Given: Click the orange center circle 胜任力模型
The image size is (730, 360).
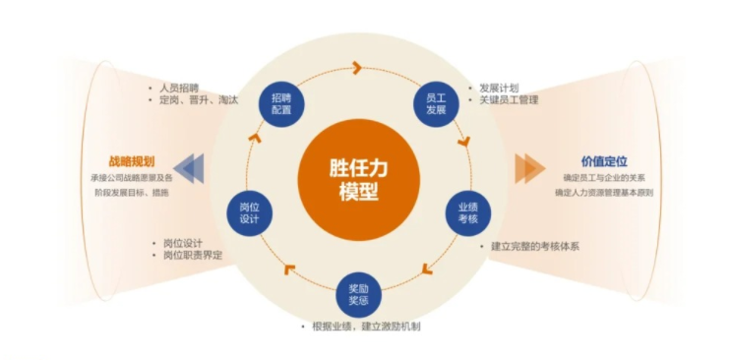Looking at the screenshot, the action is (x=353, y=178).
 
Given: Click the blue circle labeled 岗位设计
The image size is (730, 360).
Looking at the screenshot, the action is (x=249, y=212).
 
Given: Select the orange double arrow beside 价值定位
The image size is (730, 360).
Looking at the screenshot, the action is (x=528, y=168).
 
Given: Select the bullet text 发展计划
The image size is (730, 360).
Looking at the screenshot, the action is (x=499, y=87).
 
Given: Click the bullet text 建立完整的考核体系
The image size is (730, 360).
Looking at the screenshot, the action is (x=535, y=246).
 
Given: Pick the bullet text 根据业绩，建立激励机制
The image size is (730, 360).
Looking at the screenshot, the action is (x=365, y=326).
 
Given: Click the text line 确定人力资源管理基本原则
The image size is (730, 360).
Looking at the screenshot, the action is (x=603, y=193).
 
